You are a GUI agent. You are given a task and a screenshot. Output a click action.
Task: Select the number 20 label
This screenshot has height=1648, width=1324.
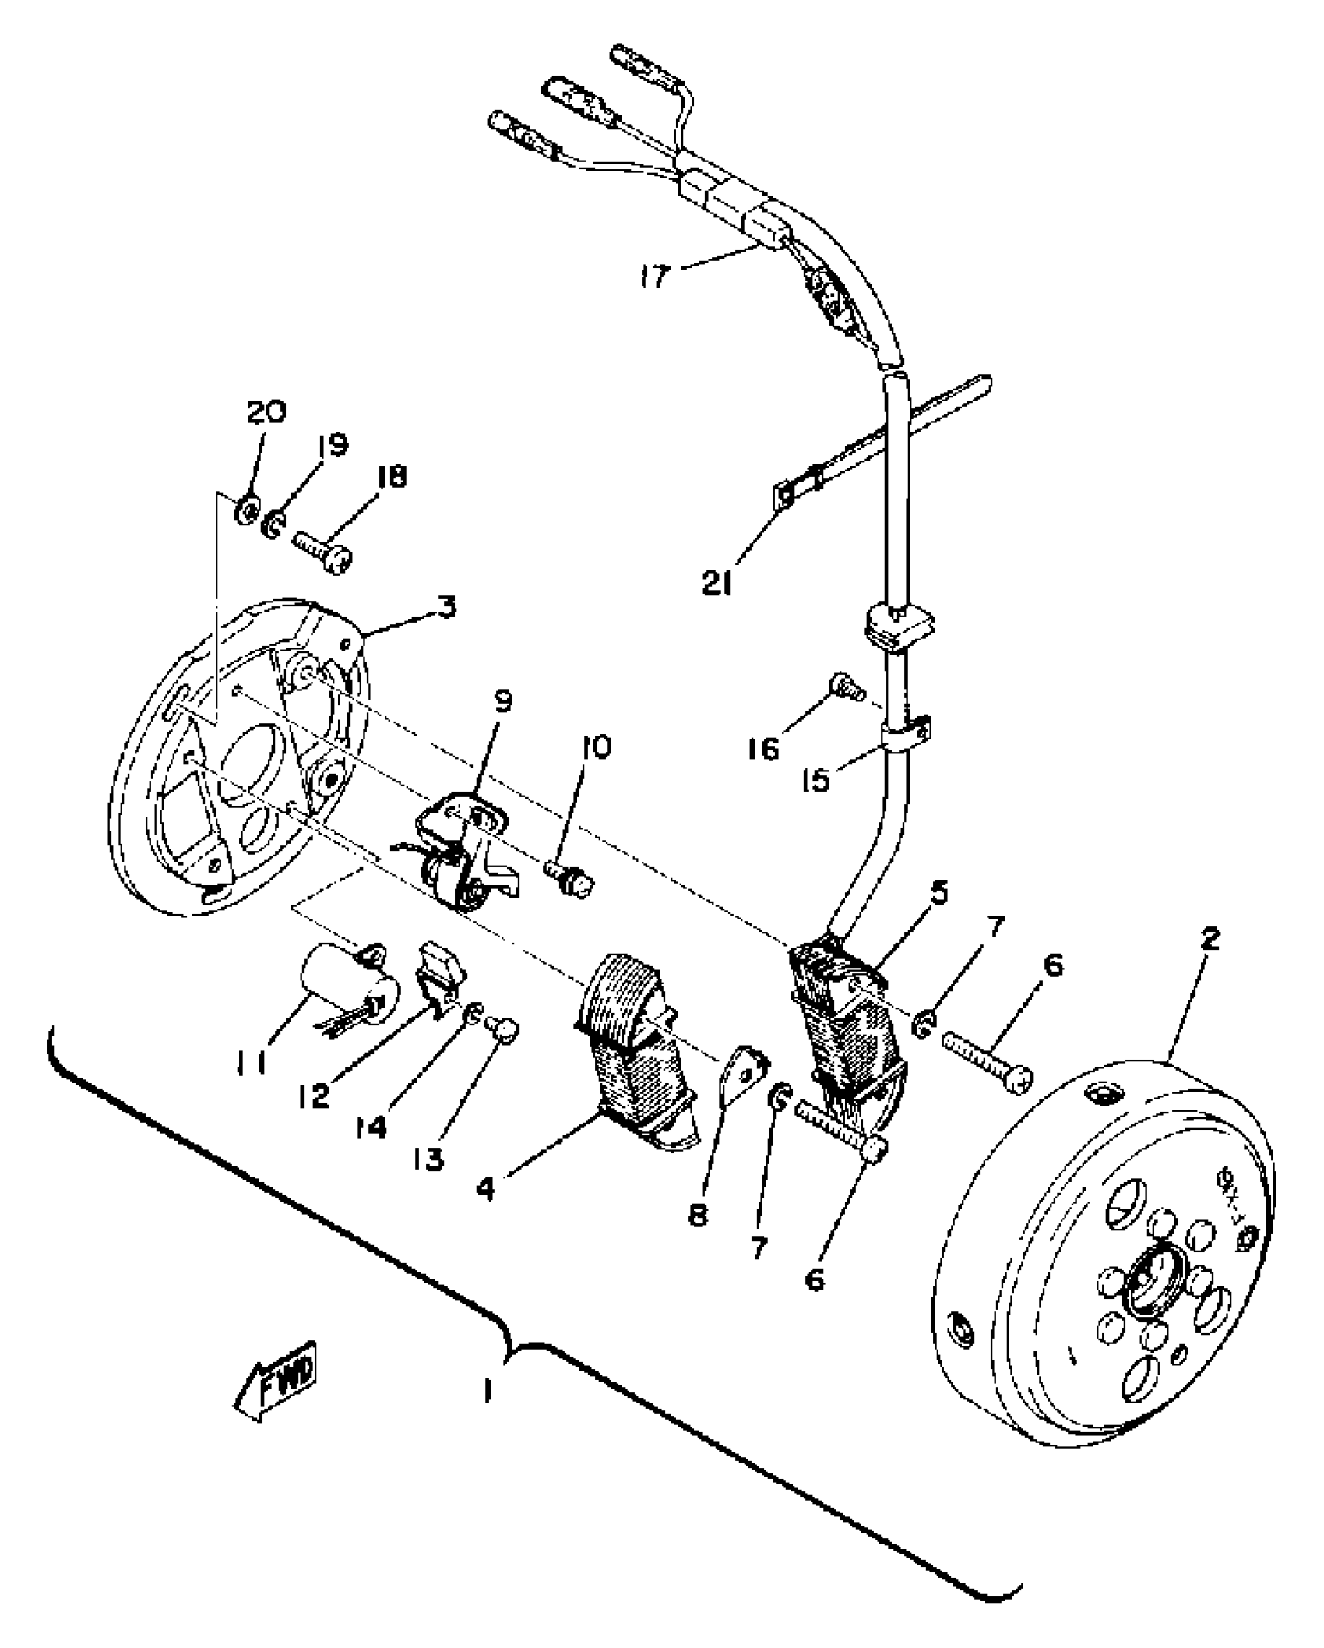point(267,412)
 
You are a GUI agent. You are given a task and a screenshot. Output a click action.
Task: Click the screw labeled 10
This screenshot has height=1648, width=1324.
point(575,880)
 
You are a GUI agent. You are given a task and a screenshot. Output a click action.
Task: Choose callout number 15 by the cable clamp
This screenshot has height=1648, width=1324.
point(817,779)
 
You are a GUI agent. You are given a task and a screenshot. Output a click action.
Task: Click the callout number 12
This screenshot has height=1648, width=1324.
point(314,1096)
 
